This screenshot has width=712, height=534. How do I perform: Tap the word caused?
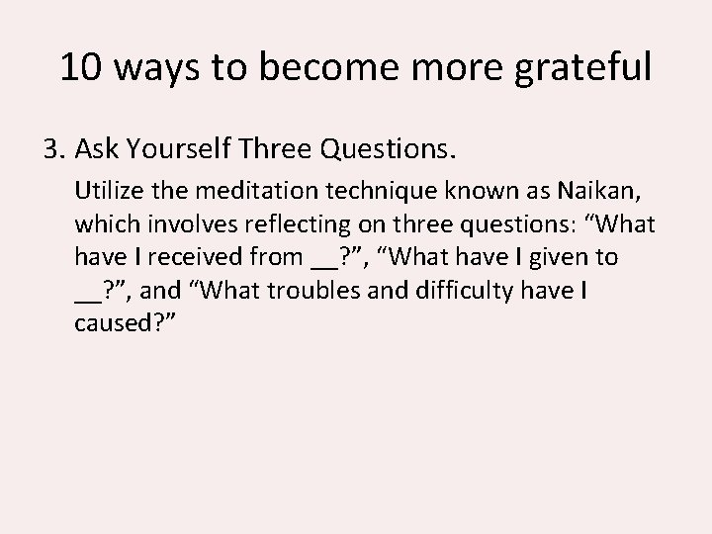109,325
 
